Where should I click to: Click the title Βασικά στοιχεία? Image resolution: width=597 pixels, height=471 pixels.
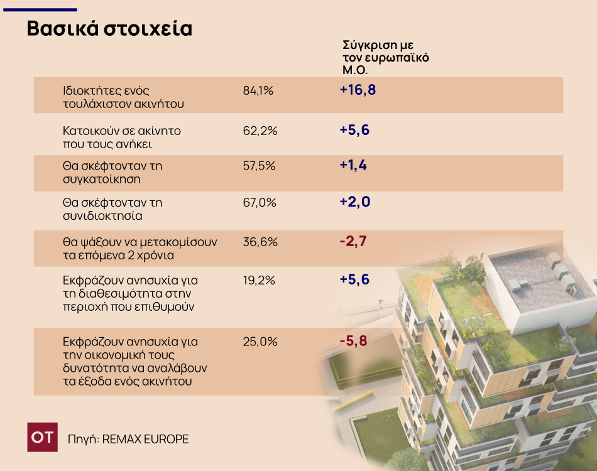point(109,28)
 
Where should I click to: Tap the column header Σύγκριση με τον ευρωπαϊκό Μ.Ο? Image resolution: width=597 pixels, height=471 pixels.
point(386,57)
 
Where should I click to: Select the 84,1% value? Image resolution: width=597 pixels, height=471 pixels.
point(258,90)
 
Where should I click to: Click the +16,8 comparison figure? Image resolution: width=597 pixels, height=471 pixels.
point(358,90)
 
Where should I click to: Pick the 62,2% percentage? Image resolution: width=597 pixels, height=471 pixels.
point(260,131)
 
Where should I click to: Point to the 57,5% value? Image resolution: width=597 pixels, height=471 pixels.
point(259,166)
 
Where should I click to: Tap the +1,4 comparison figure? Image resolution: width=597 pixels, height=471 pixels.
point(353,165)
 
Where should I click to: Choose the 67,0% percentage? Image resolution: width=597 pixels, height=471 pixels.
point(260,202)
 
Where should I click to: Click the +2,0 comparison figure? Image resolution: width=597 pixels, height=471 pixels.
point(355,202)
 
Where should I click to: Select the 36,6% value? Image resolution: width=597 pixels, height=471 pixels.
point(260,242)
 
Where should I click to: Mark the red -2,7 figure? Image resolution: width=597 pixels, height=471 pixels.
point(353,241)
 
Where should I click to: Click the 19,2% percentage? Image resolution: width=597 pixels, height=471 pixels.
point(259,280)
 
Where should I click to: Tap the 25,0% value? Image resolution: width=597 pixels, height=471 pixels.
point(260,342)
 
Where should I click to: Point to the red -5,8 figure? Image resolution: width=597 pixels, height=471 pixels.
point(353,341)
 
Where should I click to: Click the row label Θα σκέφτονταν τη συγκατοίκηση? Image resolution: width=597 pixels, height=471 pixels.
point(112,172)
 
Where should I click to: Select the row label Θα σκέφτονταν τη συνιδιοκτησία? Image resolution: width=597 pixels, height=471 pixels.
point(112,209)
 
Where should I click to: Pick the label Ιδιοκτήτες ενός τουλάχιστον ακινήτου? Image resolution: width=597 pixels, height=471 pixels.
point(123,97)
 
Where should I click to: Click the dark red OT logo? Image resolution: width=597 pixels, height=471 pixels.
point(42,437)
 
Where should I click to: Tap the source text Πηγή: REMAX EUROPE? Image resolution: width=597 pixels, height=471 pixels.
point(128,439)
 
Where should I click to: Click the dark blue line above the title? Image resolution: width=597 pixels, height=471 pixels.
point(40,10)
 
